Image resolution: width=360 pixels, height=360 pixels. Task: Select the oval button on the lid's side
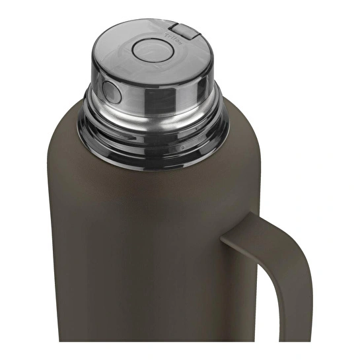click(109, 88)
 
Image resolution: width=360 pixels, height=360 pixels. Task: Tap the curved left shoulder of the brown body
click(63, 132)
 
